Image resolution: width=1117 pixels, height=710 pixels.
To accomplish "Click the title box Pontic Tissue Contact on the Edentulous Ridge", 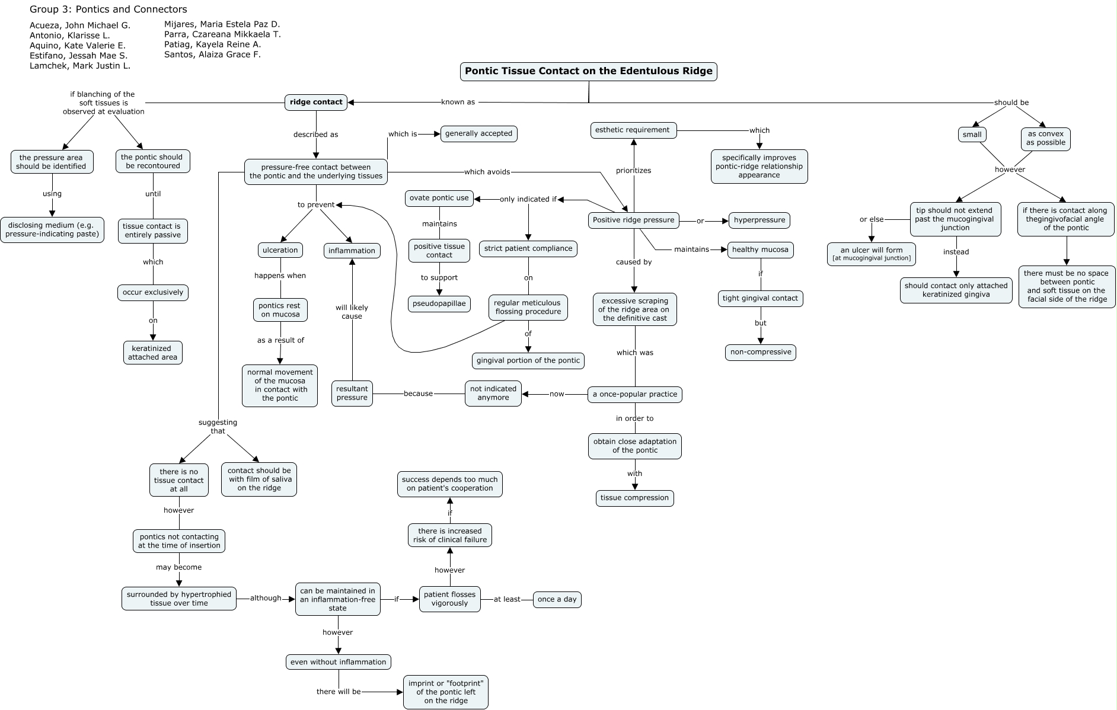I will (x=588, y=71).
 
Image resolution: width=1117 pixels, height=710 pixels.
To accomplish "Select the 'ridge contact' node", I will (x=316, y=102).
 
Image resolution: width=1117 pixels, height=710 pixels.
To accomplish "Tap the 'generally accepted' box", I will (x=478, y=133).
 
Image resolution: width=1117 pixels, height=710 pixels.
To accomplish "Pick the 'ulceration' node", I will (x=280, y=250).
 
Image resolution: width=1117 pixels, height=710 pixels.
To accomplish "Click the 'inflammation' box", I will (x=352, y=251).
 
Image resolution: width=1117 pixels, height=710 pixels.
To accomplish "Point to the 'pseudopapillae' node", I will (x=439, y=304).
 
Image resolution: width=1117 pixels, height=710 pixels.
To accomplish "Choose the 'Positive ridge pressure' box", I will (x=633, y=220).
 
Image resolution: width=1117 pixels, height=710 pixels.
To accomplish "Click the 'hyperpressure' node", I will (x=759, y=220).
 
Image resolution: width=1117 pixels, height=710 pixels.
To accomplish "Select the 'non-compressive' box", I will (x=760, y=352).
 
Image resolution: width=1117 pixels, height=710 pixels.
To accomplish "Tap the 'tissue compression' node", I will (x=634, y=498).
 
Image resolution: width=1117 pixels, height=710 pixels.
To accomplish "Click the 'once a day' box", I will (x=557, y=599).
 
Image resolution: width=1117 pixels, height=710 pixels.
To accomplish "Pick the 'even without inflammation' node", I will (x=338, y=662).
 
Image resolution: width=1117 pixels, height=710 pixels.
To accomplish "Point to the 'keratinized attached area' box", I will (x=152, y=353).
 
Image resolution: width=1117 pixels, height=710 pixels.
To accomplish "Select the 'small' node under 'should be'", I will (x=972, y=135).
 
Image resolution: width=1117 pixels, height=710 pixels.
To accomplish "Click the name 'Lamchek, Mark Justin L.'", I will (x=80, y=66).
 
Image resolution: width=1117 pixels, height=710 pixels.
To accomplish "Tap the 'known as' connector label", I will (x=458, y=102).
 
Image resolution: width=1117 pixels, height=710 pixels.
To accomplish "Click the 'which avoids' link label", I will (x=487, y=172).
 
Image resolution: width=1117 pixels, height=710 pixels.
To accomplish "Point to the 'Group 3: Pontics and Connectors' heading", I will (x=108, y=9).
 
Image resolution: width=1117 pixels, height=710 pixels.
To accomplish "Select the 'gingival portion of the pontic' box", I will (x=528, y=360).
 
